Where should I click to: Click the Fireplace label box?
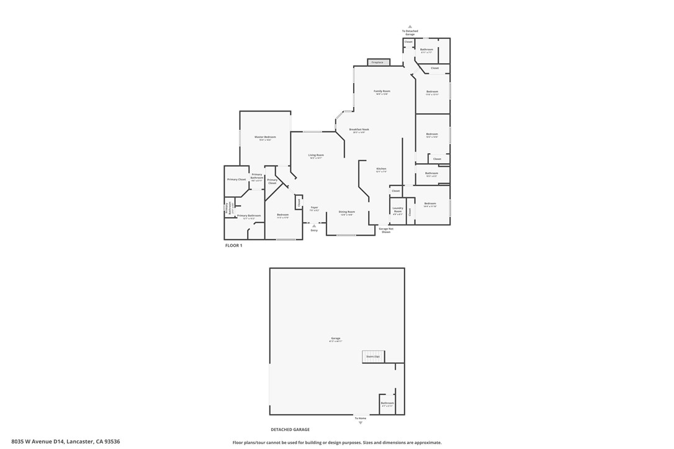tap(378, 62)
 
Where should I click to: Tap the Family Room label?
tap(382, 91)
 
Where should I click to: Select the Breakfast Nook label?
tap(359, 130)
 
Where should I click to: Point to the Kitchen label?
tap(381, 169)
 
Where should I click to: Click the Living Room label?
tap(316, 155)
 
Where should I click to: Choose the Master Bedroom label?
tap(265, 137)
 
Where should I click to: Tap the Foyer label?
tap(315, 208)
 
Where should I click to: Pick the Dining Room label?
tap(346, 212)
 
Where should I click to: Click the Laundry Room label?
tap(398, 210)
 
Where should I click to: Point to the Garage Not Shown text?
tap(385, 230)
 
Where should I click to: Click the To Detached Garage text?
tap(410, 32)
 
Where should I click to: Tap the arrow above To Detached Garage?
tap(410, 27)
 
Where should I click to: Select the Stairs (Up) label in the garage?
tap(373, 357)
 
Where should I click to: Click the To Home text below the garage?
tap(361, 418)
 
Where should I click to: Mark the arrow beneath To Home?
tap(361, 423)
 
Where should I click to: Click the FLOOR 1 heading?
tap(233, 246)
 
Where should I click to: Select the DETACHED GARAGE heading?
tap(290, 429)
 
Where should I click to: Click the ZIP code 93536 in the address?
tap(113, 442)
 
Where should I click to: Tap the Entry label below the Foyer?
tap(314, 230)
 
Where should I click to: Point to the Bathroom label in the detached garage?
tap(387, 403)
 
